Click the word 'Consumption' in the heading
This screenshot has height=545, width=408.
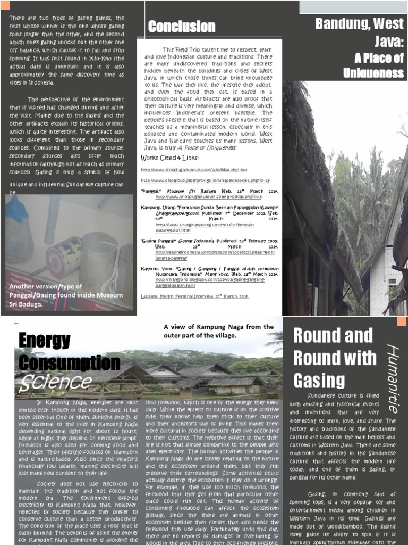tap(69, 362)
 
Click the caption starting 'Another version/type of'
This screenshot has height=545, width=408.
tap(65, 295)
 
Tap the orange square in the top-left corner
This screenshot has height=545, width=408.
tap(5, 5)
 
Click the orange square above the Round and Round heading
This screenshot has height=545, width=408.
tap(402, 320)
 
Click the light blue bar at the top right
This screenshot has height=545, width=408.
tap(353, 6)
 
